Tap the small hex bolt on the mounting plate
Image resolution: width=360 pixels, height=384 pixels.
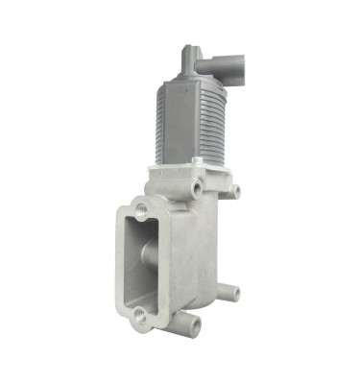point(197,160)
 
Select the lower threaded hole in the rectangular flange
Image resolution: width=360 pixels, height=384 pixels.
point(140,314)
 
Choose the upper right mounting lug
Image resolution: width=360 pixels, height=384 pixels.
point(233,192)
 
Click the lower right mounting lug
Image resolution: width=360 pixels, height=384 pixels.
point(230,293)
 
